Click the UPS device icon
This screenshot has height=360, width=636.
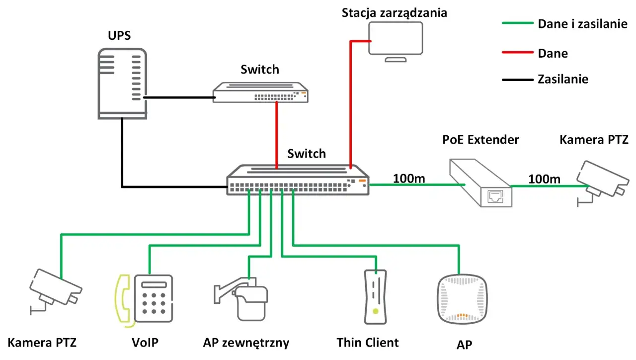click(122, 84)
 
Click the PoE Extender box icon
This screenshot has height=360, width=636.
click(480, 182)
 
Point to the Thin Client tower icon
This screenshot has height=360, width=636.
click(375, 297)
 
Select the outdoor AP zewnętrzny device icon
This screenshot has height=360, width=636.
click(246, 298)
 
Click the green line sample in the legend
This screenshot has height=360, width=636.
click(517, 23)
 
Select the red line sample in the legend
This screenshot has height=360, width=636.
click(517, 52)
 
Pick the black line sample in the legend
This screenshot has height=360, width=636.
click(517, 79)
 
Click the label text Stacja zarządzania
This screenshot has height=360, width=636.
click(394, 12)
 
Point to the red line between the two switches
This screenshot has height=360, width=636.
click(276, 134)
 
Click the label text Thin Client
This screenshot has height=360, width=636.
click(367, 342)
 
